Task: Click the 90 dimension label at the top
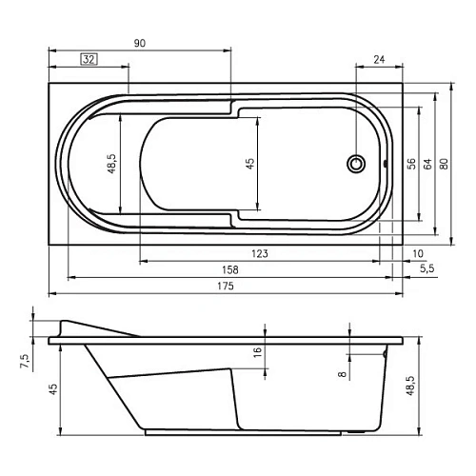pyautogui.click(x=140, y=43)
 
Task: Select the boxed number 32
pyautogui.click(x=89, y=59)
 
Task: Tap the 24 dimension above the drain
pyautogui.click(x=379, y=59)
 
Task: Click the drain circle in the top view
pyautogui.click(x=356, y=164)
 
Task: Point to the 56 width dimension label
pyautogui.click(x=411, y=164)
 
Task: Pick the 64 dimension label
pyautogui.click(x=427, y=164)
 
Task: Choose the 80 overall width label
pyautogui.click(x=445, y=164)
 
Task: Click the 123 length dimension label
pyautogui.click(x=260, y=253)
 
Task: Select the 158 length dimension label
pyautogui.click(x=230, y=269)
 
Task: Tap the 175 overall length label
pyautogui.click(x=226, y=286)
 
